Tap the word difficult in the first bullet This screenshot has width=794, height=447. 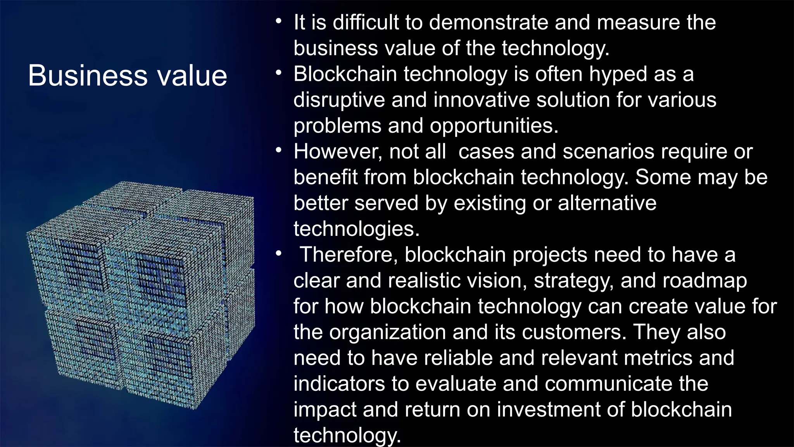tap(366, 22)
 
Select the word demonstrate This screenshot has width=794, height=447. tap(488, 22)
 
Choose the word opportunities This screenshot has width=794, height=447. tap(494, 126)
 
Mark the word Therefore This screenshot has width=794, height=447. tap(349, 255)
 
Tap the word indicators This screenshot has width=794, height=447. tap(339, 384)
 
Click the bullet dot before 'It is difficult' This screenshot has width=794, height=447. tap(278, 21)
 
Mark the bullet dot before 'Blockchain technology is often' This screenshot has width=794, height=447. tap(278, 73)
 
